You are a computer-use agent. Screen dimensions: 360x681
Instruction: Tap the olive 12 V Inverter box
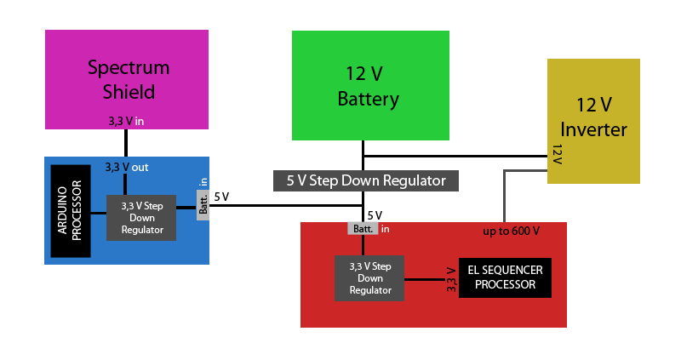(x=593, y=94)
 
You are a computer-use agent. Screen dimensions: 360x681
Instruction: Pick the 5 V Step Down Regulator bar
(x=366, y=180)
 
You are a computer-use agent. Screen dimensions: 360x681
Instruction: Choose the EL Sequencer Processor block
(x=505, y=277)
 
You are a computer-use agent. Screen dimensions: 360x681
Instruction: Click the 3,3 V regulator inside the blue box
(x=141, y=217)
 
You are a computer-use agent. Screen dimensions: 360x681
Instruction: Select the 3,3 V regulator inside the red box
(x=369, y=277)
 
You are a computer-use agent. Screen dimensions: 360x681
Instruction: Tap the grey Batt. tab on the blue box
(x=203, y=203)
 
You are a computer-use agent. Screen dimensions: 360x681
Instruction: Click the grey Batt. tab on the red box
(x=363, y=228)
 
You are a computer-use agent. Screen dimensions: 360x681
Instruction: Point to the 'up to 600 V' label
(x=512, y=231)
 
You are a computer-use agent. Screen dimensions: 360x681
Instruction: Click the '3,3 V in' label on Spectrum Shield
(x=126, y=122)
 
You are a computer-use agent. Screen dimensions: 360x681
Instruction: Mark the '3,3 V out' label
(x=126, y=167)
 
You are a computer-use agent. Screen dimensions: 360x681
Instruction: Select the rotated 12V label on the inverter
(x=558, y=155)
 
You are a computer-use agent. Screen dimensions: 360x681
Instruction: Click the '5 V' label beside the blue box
(x=221, y=197)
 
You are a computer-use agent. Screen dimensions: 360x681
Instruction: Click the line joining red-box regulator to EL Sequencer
(x=431, y=278)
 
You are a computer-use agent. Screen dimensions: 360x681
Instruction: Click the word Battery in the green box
(x=369, y=99)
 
